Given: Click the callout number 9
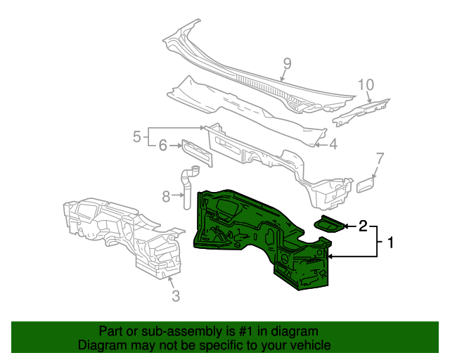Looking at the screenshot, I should (x=287, y=65).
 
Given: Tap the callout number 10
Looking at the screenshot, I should (x=366, y=85).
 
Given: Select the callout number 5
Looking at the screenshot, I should (x=138, y=136).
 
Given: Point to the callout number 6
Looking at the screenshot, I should (x=162, y=146).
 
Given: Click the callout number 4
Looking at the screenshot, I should (x=333, y=145).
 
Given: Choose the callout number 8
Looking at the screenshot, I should (x=166, y=197).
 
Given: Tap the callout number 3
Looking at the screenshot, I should (x=176, y=296).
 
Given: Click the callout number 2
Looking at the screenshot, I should (x=363, y=226).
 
